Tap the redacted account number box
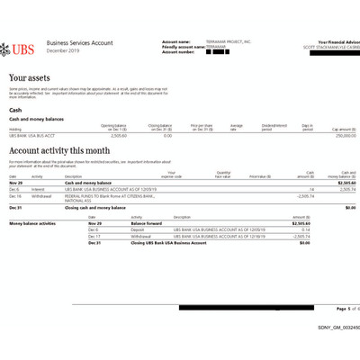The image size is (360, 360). (213, 52)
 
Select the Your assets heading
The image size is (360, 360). (31, 79)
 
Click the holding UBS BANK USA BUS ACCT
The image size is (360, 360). (33, 135)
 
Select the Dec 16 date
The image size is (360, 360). (15, 196)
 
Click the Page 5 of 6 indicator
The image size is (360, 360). (345, 308)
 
